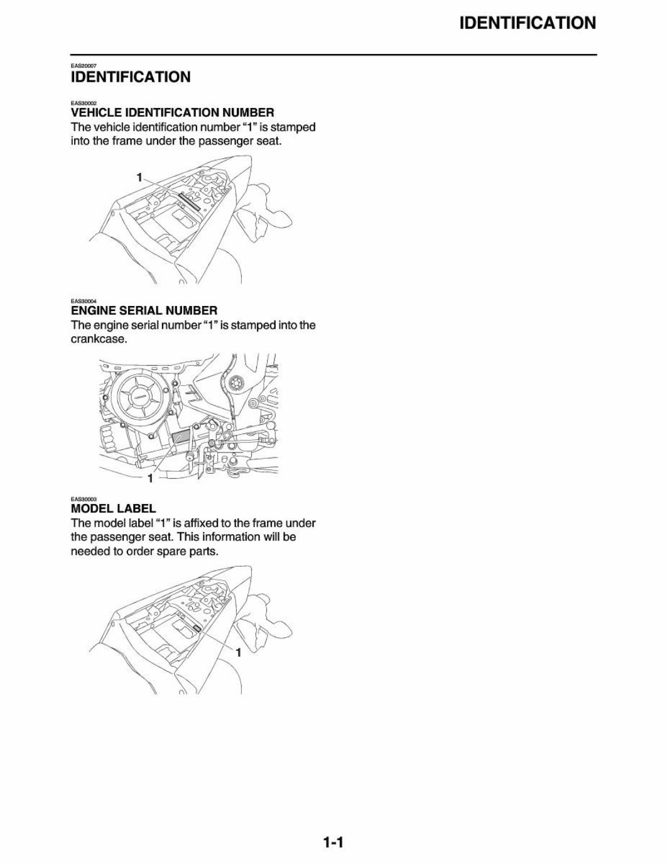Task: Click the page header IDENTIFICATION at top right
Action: (527, 23)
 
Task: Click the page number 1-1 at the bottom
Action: (332, 842)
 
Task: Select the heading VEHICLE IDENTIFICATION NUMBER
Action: (172, 113)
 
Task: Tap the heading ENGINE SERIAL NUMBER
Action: (144, 310)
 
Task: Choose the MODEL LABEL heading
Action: (113, 508)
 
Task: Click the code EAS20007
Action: (83, 65)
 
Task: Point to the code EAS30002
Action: (83, 103)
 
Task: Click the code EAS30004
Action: (83, 301)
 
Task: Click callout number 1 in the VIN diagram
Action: (139, 177)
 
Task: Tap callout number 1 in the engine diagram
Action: (150, 479)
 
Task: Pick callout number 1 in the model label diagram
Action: (238, 653)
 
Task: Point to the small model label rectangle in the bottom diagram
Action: (197, 628)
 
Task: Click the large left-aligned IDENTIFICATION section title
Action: (130, 77)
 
